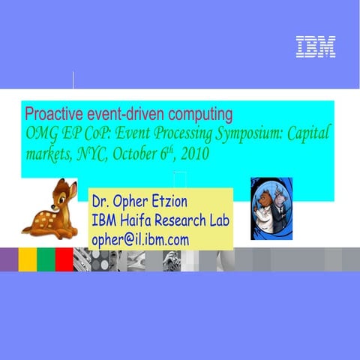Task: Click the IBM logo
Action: [x=315, y=47]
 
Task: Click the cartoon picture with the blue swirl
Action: [x=271, y=208]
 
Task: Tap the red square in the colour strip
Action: [x=64, y=259]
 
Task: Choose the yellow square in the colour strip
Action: [x=27, y=259]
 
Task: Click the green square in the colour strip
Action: [x=45, y=259]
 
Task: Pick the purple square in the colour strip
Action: [x=8, y=259]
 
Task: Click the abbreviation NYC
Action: [x=89, y=156]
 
